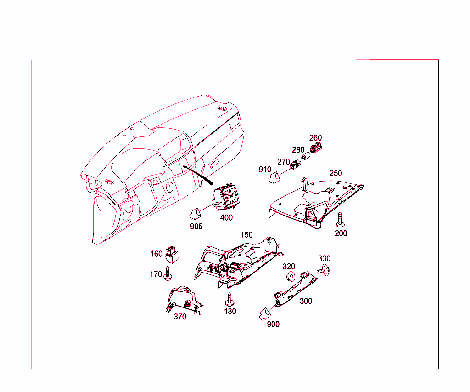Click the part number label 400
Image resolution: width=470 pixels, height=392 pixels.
[226, 218]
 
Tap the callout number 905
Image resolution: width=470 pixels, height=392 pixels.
[196, 226]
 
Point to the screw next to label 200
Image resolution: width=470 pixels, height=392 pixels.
[340, 220]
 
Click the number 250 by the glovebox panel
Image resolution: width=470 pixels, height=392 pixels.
[336, 173]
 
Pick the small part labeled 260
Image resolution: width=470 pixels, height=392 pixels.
[315, 148]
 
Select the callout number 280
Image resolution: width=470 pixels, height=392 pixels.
[298, 150]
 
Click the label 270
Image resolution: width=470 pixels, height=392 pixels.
[284, 162]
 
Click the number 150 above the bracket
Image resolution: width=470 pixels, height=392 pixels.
[246, 234]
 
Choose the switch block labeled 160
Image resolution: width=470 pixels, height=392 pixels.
[172, 253]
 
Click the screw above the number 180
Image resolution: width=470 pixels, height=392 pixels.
[229, 300]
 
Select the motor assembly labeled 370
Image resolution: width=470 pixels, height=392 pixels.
[183, 300]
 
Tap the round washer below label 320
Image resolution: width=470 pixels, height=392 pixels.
[290, 277]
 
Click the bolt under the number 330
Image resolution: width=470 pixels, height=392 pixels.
[325, 270]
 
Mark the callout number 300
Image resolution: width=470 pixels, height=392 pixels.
[306, 301]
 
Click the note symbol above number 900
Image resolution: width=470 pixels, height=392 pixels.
[264, 314]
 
